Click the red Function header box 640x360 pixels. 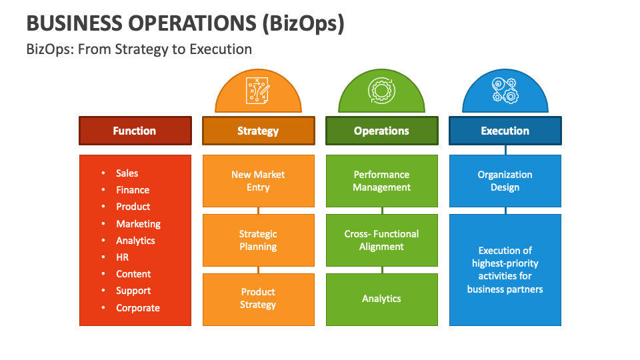(135, 131)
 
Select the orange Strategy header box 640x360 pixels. (258, 131)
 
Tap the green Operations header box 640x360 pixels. (381, 131)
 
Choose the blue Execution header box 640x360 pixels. (505, 131)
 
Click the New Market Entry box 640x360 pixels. (258, 181)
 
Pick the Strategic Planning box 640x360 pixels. (258, 240)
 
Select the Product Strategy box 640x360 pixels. (258, 299)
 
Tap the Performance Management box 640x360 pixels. (381, 181)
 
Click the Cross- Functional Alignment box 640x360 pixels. (381, 240)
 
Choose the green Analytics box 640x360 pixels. (381, 299)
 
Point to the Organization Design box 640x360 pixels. (505, 181)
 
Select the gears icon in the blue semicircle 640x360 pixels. (505, 90)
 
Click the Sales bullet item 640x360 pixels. (127, 173)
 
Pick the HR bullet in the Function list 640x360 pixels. (122, 257)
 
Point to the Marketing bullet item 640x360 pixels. (138, 224)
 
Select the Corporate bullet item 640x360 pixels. (137, 308)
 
